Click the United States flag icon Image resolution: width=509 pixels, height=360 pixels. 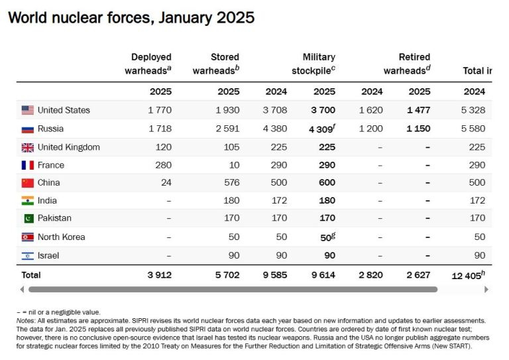click(x=27, y=110)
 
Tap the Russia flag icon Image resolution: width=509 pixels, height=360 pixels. click(x=27, y=129)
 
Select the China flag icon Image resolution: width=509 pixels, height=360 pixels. click(x=27, y=183)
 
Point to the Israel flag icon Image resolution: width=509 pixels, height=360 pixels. click(x=27, y=255)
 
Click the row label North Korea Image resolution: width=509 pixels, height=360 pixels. click(x=61, y=237)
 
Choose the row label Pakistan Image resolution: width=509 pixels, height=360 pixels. click(x=54, y=218)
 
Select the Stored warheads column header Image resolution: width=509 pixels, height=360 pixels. click(x=217, y=64)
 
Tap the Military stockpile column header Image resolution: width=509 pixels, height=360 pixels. click(x=314, y=64)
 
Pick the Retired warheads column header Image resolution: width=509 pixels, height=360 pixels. click(x=408, y=64)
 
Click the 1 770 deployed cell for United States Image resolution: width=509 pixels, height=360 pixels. click(x=159, y=110)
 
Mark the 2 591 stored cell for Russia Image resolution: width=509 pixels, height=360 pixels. click(x=227, y=129)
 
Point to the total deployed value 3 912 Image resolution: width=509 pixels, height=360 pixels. click(x=159, y=274)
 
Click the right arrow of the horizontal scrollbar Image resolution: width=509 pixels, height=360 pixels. click(x=486, y=289)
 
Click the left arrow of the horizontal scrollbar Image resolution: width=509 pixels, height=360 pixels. click(x=22, y=289)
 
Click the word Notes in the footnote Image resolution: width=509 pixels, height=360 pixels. click(x=26, y=320)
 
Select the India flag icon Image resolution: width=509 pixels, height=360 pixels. click(x=27, y=201)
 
